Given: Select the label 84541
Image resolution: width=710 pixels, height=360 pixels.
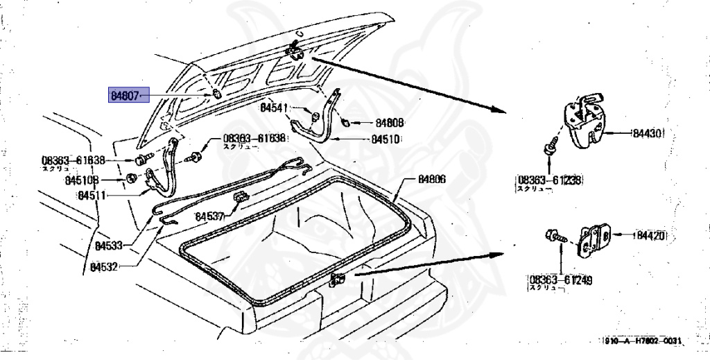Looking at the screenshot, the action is coord(275,108).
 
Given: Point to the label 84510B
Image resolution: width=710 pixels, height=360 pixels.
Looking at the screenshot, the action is coord(83,180).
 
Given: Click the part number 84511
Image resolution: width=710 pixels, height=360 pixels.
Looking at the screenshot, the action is coord(92,196).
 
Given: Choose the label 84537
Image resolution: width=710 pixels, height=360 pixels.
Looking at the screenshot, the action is coord(209,216).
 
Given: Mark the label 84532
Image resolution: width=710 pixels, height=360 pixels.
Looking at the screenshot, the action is coord(105,267).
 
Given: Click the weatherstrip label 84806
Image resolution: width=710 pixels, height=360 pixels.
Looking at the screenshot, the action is coord(431,179).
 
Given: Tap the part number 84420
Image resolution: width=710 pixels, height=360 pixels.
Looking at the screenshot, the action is coord(650,236).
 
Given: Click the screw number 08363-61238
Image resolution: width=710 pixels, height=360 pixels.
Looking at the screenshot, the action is coord(547,180).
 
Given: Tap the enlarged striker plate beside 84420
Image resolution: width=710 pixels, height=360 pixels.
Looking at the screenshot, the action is coord(595,239).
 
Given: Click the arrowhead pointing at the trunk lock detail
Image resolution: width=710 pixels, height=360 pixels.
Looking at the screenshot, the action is coord(494,109).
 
